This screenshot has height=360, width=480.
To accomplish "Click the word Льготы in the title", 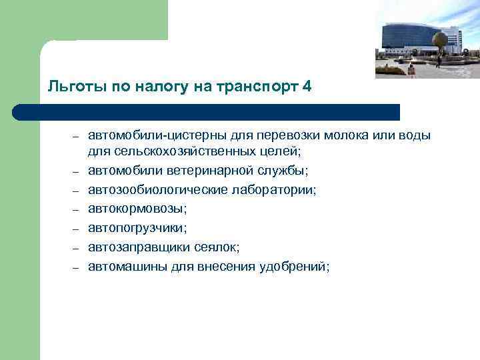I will (69, 86).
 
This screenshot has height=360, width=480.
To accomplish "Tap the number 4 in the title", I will (306, 86).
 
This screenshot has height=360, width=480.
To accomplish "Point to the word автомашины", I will (123, 267).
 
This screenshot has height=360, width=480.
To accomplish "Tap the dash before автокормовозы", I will (77, 210).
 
